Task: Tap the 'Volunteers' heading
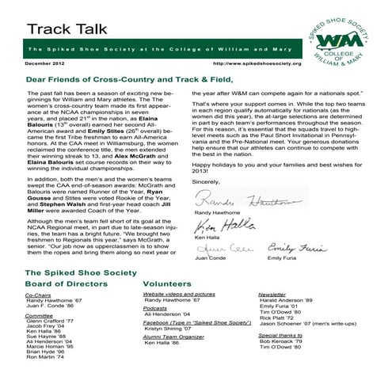point(168,282)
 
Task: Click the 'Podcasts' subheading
point(158,307)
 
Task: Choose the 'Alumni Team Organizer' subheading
point(175,336)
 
